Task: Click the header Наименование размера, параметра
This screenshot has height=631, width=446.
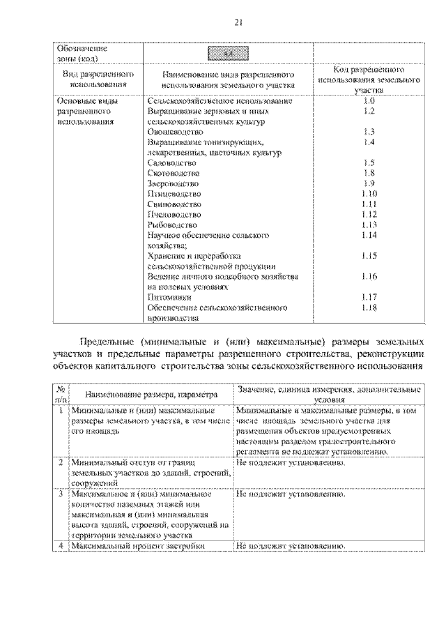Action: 146,395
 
